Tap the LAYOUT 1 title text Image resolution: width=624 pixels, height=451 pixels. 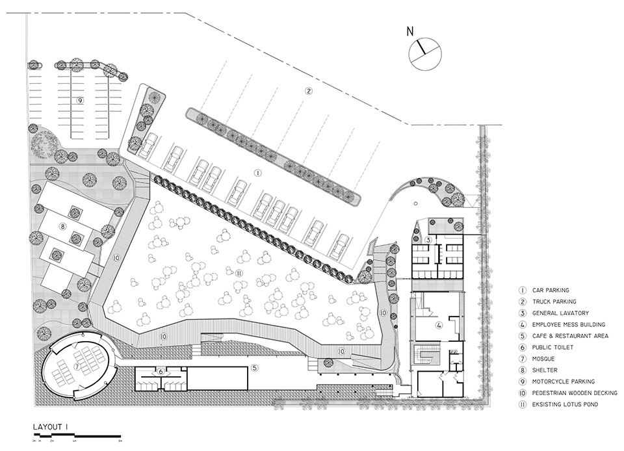51,426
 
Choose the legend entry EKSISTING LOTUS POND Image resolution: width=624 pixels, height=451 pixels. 565,404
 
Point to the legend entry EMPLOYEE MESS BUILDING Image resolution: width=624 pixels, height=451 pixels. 568,324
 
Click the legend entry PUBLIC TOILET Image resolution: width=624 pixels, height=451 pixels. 552,347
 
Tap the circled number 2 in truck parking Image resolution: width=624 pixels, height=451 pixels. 309,91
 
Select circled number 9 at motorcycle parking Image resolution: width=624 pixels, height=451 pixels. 80,101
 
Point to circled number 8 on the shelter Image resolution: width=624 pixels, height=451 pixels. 63,226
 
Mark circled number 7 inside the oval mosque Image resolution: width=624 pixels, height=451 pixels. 77,367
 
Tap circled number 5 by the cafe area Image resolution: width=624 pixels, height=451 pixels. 254,369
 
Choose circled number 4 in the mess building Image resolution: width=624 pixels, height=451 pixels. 439,326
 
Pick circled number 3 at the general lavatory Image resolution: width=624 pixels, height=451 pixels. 429,240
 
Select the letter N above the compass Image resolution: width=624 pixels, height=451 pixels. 409,31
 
